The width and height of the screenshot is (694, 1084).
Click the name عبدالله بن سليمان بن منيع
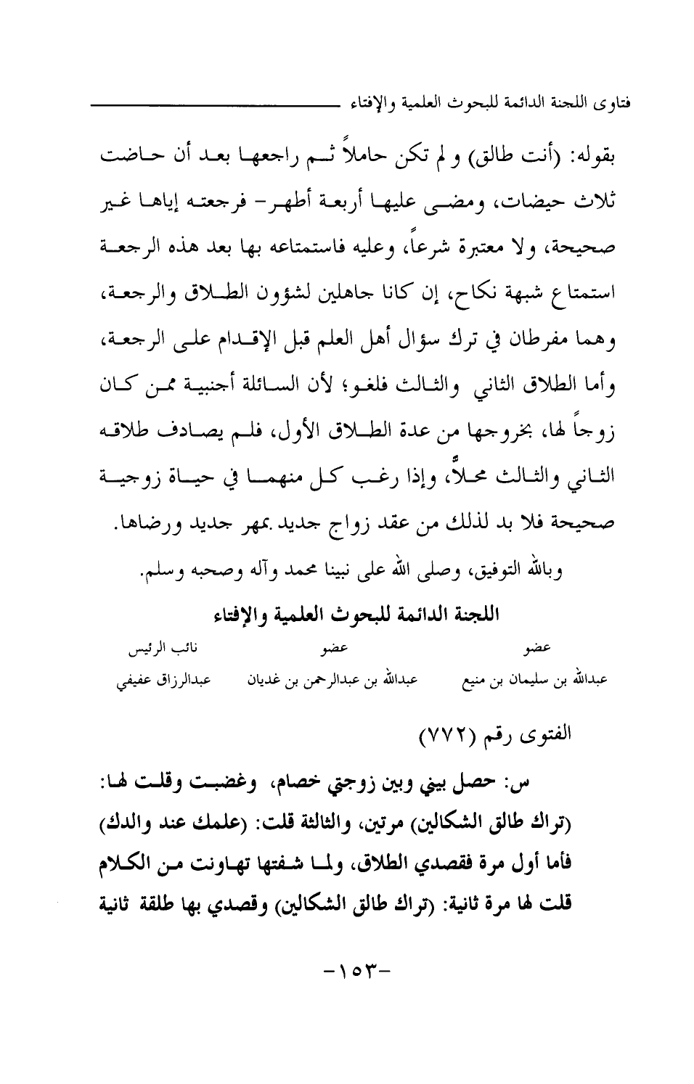coord(536,682)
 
